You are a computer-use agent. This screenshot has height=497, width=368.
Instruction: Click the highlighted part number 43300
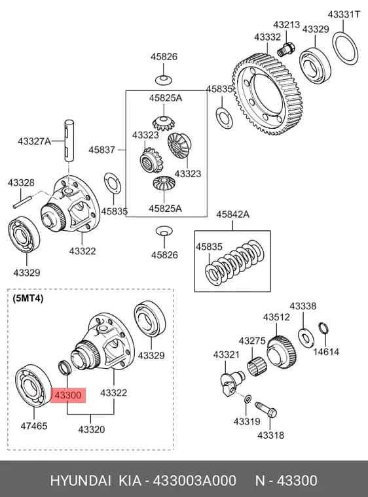click(x=68, y=395)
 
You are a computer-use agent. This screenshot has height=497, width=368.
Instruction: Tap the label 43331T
click(x=344, y=14)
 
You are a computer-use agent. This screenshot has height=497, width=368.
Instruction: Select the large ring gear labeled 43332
click(x=267, y=94)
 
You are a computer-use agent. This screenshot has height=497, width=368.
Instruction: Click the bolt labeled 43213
click(x=285, y=49)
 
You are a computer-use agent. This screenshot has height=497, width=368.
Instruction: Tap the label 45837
click(x=101, y=150)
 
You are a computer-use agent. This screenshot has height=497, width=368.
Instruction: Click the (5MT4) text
click(x=28, y=299)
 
